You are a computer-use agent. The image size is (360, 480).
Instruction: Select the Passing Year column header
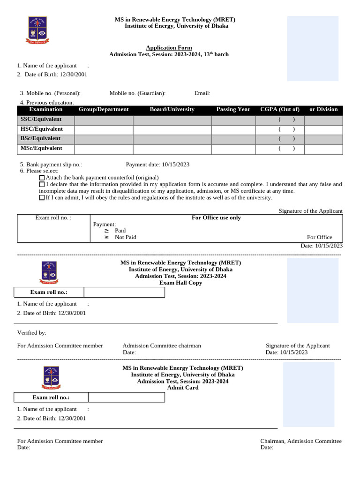pos(233,110)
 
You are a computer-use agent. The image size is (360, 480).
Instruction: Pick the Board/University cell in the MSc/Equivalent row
pos(172,149)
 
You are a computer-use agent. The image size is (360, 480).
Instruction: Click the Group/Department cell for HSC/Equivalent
pos(104,130)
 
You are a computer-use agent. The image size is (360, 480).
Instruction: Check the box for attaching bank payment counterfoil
pos(42,178)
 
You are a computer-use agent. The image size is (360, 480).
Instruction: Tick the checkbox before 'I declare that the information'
pos(42,185)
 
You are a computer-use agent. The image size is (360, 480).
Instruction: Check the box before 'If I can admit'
pos(42,198)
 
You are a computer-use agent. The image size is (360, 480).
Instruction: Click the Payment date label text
pos(143,165)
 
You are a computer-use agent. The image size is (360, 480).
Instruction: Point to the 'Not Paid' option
pos(125,237)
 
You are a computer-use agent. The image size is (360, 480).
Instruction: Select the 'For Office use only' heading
pos(216,218)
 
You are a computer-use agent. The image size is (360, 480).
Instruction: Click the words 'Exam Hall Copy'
pos(180,283)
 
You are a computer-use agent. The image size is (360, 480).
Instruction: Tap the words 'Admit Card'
pos(183,388)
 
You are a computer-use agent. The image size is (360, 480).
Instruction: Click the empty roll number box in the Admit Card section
pos(127,397)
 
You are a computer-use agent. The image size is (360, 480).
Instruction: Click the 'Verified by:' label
pos(32,333)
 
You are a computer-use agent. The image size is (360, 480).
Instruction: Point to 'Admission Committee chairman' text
pos(162,346)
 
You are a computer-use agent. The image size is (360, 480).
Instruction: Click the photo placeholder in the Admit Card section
pos(308,394)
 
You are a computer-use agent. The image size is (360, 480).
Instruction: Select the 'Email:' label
pos(202,93)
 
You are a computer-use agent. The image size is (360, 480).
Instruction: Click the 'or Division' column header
pos(323,110)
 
